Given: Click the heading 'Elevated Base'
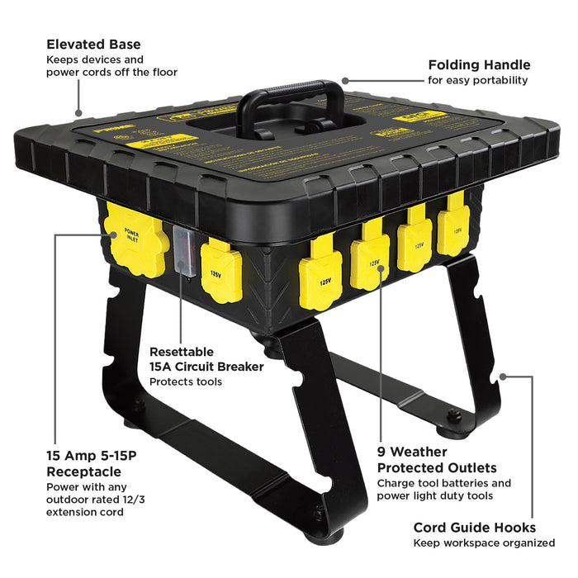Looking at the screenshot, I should click(x=93, y=44).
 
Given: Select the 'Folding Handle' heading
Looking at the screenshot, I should click(x=479, y=64).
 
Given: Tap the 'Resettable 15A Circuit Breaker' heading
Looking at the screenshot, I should click(x=206, y=358).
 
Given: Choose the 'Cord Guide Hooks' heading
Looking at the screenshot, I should click(x=474, y=527).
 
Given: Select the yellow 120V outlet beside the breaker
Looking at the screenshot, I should click(x=220, y=270).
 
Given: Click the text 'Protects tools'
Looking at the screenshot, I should click(x=186, y=382).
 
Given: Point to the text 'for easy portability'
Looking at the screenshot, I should click(x=477, y=81).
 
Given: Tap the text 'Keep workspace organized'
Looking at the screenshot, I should click(x=484, y=542).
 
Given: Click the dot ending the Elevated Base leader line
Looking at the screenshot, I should click(x=78, y=115).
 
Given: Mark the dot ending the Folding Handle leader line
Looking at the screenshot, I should click(x=344, y=81).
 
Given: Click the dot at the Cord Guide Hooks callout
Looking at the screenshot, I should click(x=504, y=376).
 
